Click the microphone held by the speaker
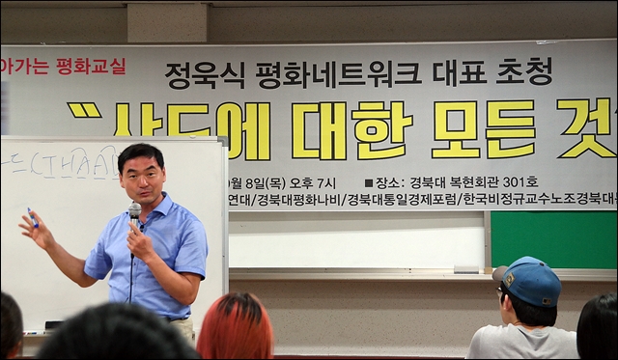tap(134, 209)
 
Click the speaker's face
tap(142, 175)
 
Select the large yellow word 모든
tap(483, 129)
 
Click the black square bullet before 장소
tap(369, 182)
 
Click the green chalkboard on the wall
tap(552, 239)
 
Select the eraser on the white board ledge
tap(467, 269)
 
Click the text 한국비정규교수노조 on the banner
tap(516, 201)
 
